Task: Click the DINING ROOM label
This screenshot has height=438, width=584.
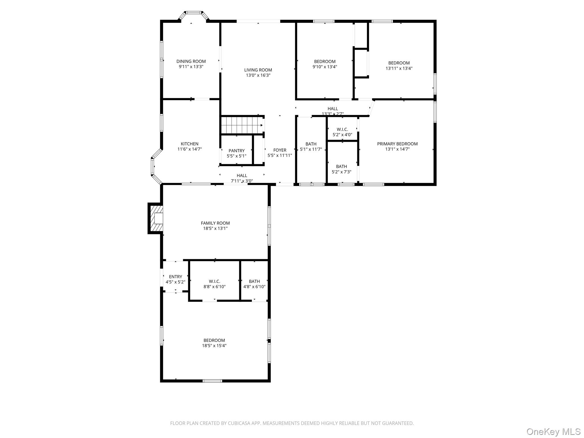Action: [x=191, y=61]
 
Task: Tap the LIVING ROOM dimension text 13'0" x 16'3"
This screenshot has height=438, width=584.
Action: [x=258, y=75]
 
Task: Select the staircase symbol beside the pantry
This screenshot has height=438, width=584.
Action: [x=242, y=125]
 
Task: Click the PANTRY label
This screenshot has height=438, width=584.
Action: [x=236, y=151]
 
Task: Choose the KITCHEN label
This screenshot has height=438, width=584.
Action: [x=189, y=144]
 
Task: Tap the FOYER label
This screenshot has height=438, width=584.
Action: [x=279, y=150]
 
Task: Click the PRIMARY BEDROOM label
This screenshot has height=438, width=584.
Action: [x=397, y=144]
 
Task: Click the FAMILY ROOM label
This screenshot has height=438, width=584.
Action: [x=215, y=223]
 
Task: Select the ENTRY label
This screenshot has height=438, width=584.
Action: [x=175, y=277]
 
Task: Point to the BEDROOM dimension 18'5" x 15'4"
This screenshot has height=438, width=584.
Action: [x=214, y=346]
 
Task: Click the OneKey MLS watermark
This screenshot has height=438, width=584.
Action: [x=553, y=431]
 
